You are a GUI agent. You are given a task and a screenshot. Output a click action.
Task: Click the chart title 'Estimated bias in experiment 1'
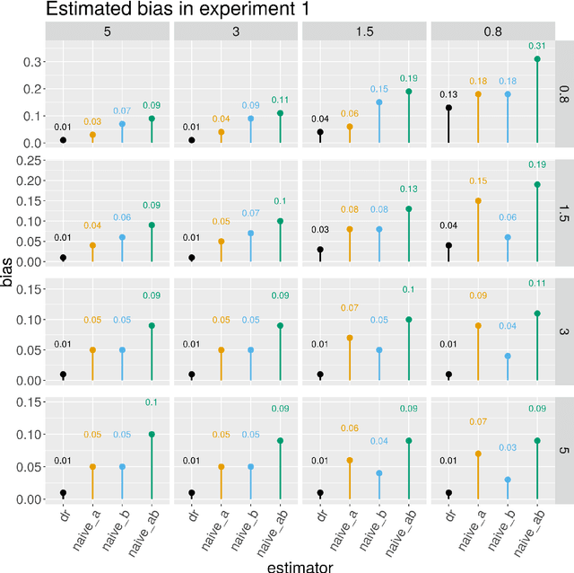coord(166,11)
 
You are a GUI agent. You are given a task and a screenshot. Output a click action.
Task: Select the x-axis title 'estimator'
coord(299,565)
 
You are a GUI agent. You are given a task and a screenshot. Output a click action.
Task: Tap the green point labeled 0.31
coord(536,59)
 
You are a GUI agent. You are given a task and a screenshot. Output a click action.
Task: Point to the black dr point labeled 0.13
coord(448,108)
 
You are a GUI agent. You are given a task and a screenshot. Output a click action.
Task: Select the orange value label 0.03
coord(92,121)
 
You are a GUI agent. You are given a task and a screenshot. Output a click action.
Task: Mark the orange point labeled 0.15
coord(478,200)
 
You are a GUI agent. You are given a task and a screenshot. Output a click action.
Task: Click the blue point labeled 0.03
coord(507,480)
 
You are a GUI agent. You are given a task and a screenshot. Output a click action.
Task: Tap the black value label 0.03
coord(320,230)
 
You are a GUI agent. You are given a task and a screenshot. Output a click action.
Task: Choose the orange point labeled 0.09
coord(478,326)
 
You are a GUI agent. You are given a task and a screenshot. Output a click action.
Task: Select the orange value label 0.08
coord(349,210)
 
